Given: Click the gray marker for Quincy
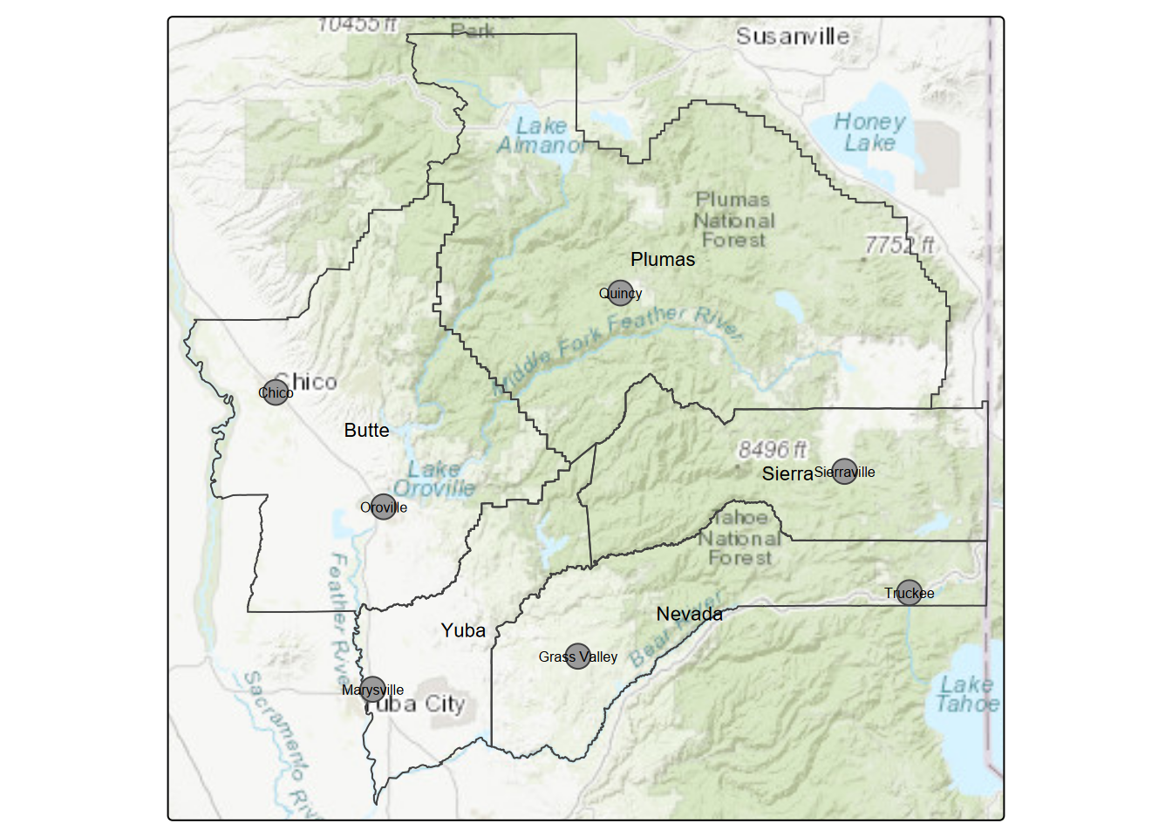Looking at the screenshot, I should (620, 293).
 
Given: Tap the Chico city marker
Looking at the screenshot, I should (276, 392).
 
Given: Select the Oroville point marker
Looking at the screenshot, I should (384, 507).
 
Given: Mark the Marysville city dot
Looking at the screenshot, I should (372, 690).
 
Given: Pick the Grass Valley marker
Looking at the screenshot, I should (577, 657).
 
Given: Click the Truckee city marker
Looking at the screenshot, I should (909, 593).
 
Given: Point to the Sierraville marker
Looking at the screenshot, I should (844, 472).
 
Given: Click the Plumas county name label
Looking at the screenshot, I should (663, 260).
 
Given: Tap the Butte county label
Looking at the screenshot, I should (366, 430).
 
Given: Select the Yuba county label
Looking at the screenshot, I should (463, 630).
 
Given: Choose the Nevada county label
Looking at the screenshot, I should (689, 614).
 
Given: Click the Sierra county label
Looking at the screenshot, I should (787, 473).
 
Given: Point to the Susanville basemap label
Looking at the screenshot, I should (792, 37).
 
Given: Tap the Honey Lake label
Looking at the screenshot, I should (869, 133).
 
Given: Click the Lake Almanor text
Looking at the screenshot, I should (542, 136).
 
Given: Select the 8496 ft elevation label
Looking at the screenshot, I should (772, 449).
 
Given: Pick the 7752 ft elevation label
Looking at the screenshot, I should (899, 245).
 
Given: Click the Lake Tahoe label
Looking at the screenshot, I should (967, 694).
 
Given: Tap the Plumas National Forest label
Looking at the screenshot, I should (733, 220).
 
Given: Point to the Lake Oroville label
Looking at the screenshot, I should (434, 479).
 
